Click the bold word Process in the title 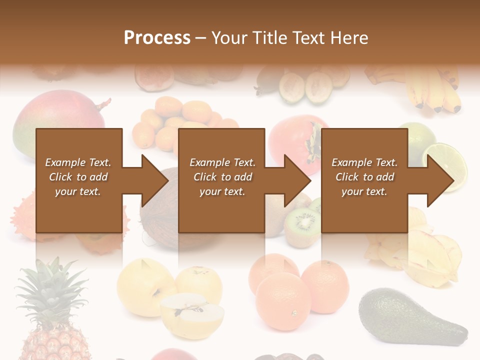pos(157,38)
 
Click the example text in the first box pos(78,177)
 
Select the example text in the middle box pos(222,177)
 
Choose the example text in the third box pos(364,177)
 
